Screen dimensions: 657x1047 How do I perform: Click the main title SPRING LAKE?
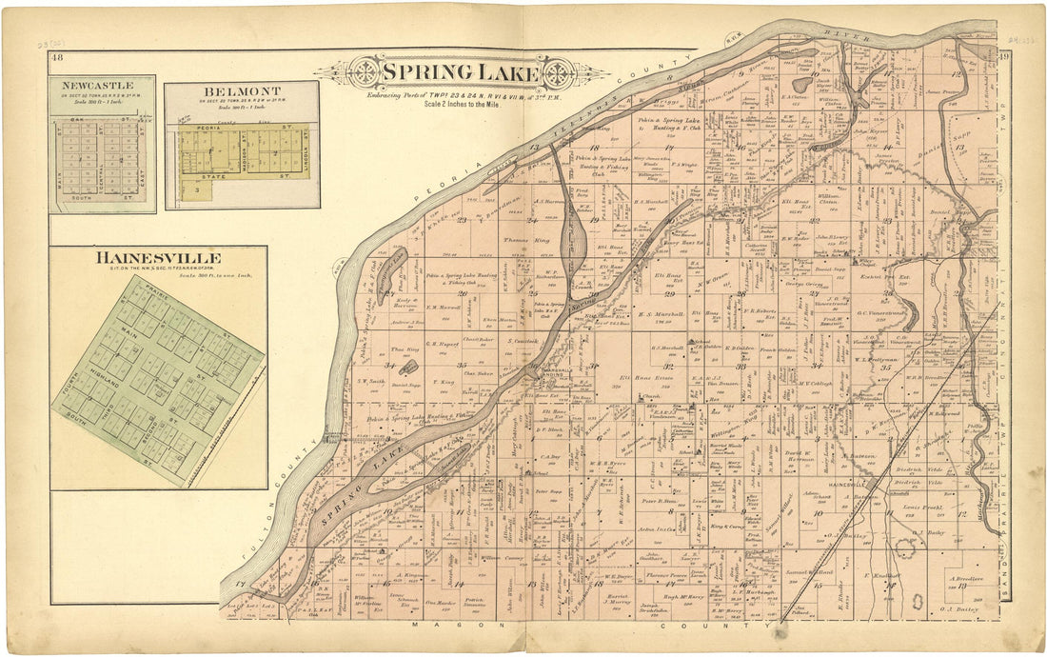461,72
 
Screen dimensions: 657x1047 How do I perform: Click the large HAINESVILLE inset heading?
158,258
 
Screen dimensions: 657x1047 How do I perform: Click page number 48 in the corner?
58,58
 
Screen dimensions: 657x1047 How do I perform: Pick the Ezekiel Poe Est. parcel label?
893,277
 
